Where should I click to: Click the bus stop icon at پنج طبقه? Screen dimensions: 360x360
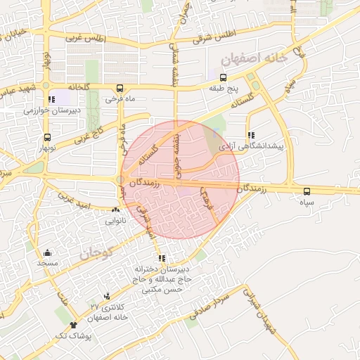[x=223, y=77]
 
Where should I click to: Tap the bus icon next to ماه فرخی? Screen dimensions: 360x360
[x=120, y=89]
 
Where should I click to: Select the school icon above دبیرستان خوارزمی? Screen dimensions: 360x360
[x=51, y=99]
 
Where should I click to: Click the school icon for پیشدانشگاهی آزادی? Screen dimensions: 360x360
[x=251, y=136]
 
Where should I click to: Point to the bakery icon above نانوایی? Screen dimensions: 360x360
[x=116, y=209]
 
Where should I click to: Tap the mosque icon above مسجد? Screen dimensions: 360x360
[x=47, y=252]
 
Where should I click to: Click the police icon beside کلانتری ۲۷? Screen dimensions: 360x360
[x=107, y=296]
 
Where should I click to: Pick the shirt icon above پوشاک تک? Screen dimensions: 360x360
[x=74, y=326]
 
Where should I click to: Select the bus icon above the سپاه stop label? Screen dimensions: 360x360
[x=306, y=191]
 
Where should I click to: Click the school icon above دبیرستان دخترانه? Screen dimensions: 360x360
[x=162, y=258]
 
